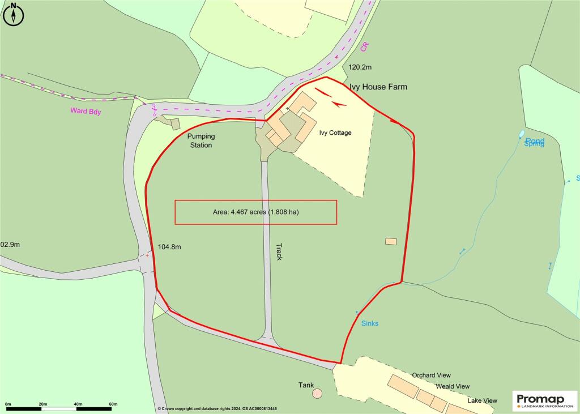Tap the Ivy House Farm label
click(x=378, y=87)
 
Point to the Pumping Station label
click(x=201, y=141)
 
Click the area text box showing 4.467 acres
click(x=255, y=212)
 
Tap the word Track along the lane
click(x=279, y=251)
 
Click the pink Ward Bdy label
click(x=86, y=111)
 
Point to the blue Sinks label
click(x=370, y=323)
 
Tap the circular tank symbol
click(x=317, y=392)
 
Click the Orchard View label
click(x=431, y=375)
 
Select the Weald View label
click(x=453, y=386)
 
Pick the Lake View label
click(x=482, y=400)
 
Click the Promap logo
click(x=544, y=400)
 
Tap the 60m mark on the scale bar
click(x=113, y=404)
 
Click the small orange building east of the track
click(x=391, y=241)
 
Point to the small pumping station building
click(x=176, y=123)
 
